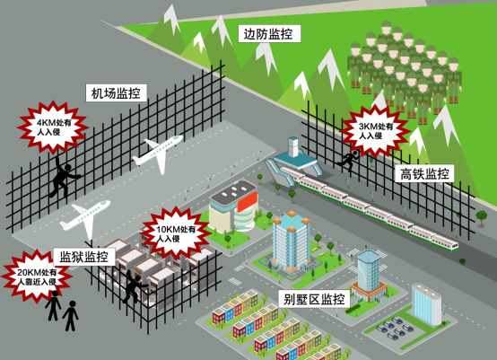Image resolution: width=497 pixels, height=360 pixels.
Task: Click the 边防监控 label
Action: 269,34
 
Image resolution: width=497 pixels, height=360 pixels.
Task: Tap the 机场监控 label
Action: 117,93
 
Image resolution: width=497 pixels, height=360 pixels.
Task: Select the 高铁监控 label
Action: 424,174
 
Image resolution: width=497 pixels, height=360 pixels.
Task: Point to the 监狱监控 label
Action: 84,257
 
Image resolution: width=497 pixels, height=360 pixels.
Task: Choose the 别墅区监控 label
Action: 314,299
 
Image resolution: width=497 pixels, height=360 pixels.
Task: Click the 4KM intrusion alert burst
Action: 53,127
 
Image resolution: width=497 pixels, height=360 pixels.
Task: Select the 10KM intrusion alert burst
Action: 175,233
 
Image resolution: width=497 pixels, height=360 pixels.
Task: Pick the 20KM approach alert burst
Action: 37,277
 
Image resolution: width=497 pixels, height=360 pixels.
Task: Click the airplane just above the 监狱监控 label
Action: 86,217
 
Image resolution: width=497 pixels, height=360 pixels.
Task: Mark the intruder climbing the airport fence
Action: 64,177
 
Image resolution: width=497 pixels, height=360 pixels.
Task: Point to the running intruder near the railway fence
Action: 348,161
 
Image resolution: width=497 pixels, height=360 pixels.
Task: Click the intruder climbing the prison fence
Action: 135,285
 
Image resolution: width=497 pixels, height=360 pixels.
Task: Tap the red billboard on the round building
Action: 248,201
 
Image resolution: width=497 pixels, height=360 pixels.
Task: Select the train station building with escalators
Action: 293,161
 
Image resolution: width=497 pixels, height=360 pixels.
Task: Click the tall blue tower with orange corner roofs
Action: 291,242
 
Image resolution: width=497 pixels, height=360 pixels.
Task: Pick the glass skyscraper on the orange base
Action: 369,275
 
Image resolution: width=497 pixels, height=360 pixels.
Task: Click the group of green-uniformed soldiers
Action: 405,70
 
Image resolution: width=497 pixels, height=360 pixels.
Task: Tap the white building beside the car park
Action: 427,304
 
